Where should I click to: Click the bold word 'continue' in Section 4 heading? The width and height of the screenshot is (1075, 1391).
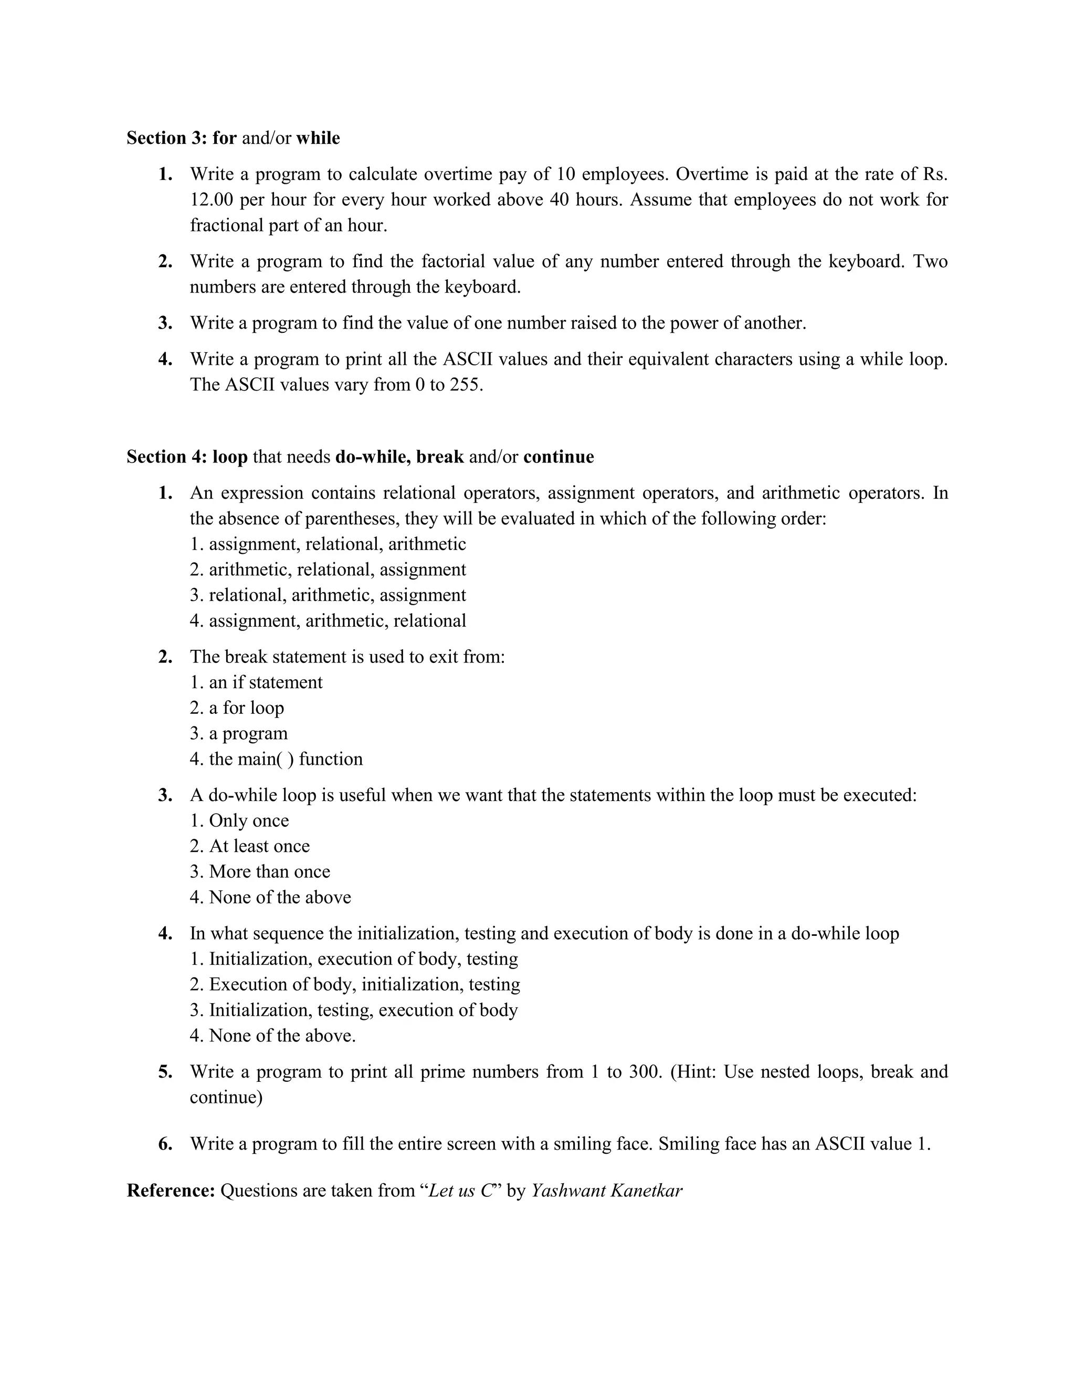[x=558, y=457]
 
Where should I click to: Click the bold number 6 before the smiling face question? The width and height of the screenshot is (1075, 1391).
[x=165, y=1144]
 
